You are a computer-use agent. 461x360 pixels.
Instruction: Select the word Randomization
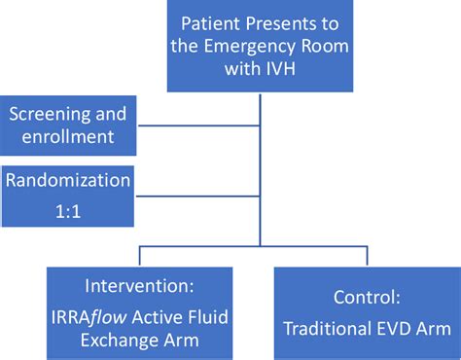tap(67, 182)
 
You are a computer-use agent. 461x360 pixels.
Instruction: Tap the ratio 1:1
tap(67, 207)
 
